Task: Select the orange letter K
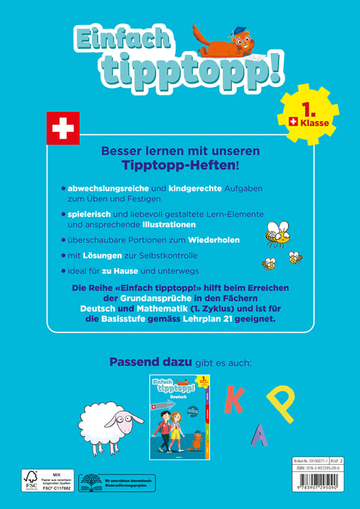[x=234, y=400]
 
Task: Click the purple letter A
[x=259, y=434]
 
